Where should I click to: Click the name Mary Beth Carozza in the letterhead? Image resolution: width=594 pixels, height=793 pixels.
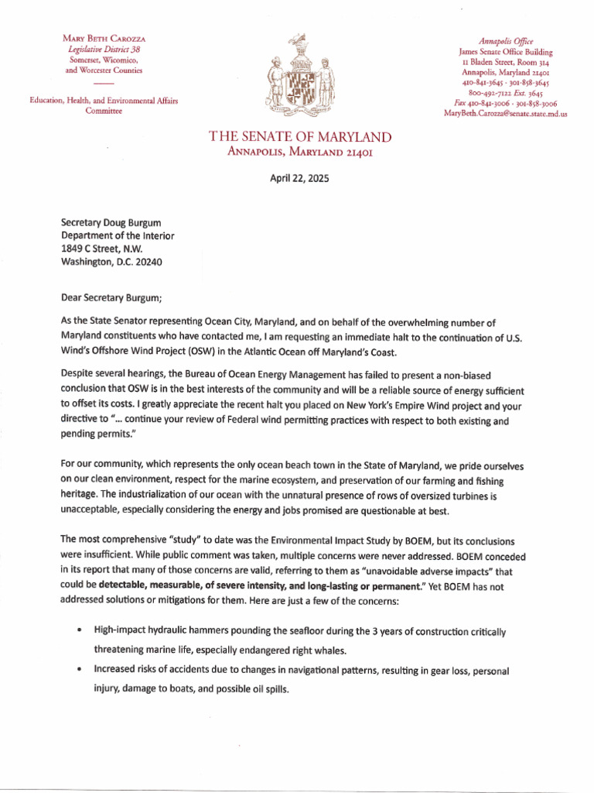(x=104, y=38)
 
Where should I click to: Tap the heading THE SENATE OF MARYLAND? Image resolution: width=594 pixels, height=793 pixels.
(x=300, y=137)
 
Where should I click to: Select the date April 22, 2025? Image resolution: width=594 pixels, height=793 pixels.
(x=299, y=178)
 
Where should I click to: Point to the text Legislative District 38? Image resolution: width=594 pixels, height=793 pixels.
(x=104, y=49)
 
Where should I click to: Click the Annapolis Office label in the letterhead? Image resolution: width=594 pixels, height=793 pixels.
(x=506, y=41)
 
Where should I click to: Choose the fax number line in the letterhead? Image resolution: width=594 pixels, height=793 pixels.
(x=506, y=103)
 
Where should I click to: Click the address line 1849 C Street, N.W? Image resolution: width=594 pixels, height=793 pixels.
(x=102, y=249)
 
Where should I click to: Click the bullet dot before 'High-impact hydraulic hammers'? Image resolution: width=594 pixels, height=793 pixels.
(x=80, y=632)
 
